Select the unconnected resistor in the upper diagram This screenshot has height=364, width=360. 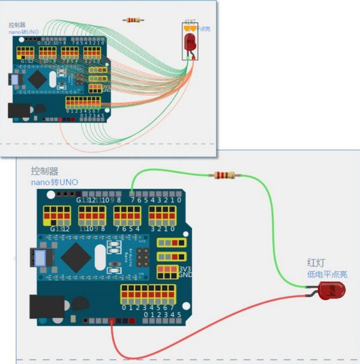133,20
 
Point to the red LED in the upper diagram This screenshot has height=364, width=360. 190,42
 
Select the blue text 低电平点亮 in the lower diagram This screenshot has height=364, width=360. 327,274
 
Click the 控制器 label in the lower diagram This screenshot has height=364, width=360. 45,171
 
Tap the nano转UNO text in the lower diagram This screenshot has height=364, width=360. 55,182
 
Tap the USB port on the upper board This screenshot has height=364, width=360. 13,79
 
